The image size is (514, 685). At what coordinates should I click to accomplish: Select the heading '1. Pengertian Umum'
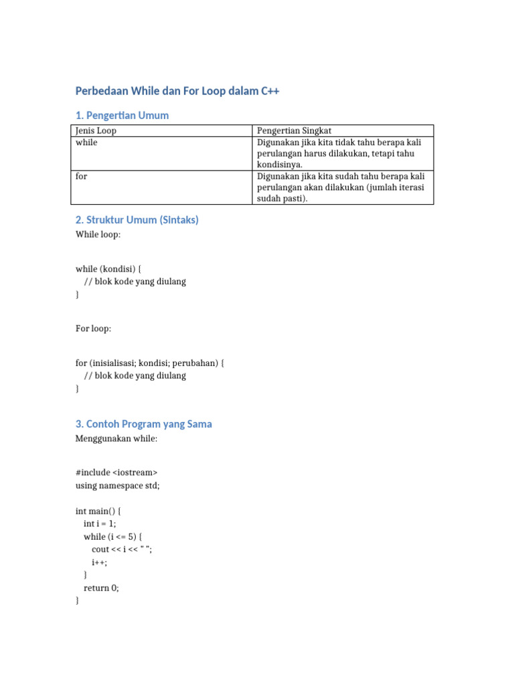(x=122, y=115)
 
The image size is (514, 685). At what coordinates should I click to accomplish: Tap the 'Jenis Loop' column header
(x=100, y=130)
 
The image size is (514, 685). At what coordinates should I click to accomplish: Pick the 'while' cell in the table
(x=86, y=142)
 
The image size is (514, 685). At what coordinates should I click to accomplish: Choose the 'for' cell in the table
(x=82, y=176)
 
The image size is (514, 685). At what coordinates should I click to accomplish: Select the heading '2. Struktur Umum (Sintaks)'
(x=137, y=219)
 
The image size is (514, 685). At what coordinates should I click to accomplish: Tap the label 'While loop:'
(x=98, y=235)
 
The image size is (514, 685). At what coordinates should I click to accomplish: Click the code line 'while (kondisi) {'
(x=108, y=269)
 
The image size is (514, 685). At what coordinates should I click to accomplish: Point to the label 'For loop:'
(x=94, y=328)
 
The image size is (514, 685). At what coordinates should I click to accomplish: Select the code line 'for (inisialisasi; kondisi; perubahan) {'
(x=150, y=363)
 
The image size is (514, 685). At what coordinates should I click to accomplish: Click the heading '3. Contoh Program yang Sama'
(x=144, y=423)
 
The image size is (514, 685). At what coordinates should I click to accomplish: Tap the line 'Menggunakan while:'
(x=116, y=439)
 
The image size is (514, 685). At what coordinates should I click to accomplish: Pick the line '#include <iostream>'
(x=116, y=472)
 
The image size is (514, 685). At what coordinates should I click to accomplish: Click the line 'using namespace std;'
(x=118, y=486)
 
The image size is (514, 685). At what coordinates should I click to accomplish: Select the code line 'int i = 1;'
(x=104, y=523)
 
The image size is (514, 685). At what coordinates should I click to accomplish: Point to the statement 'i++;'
(x=100, y=562)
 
